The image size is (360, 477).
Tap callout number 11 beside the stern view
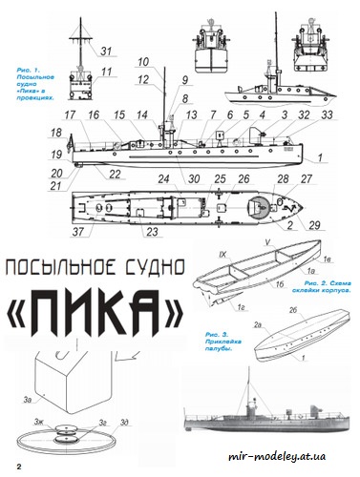coord(107,71)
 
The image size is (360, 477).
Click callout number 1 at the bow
coord(321,156)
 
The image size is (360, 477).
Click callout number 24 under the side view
coord(164,178)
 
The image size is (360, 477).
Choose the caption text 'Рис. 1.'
coord(30,70)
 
